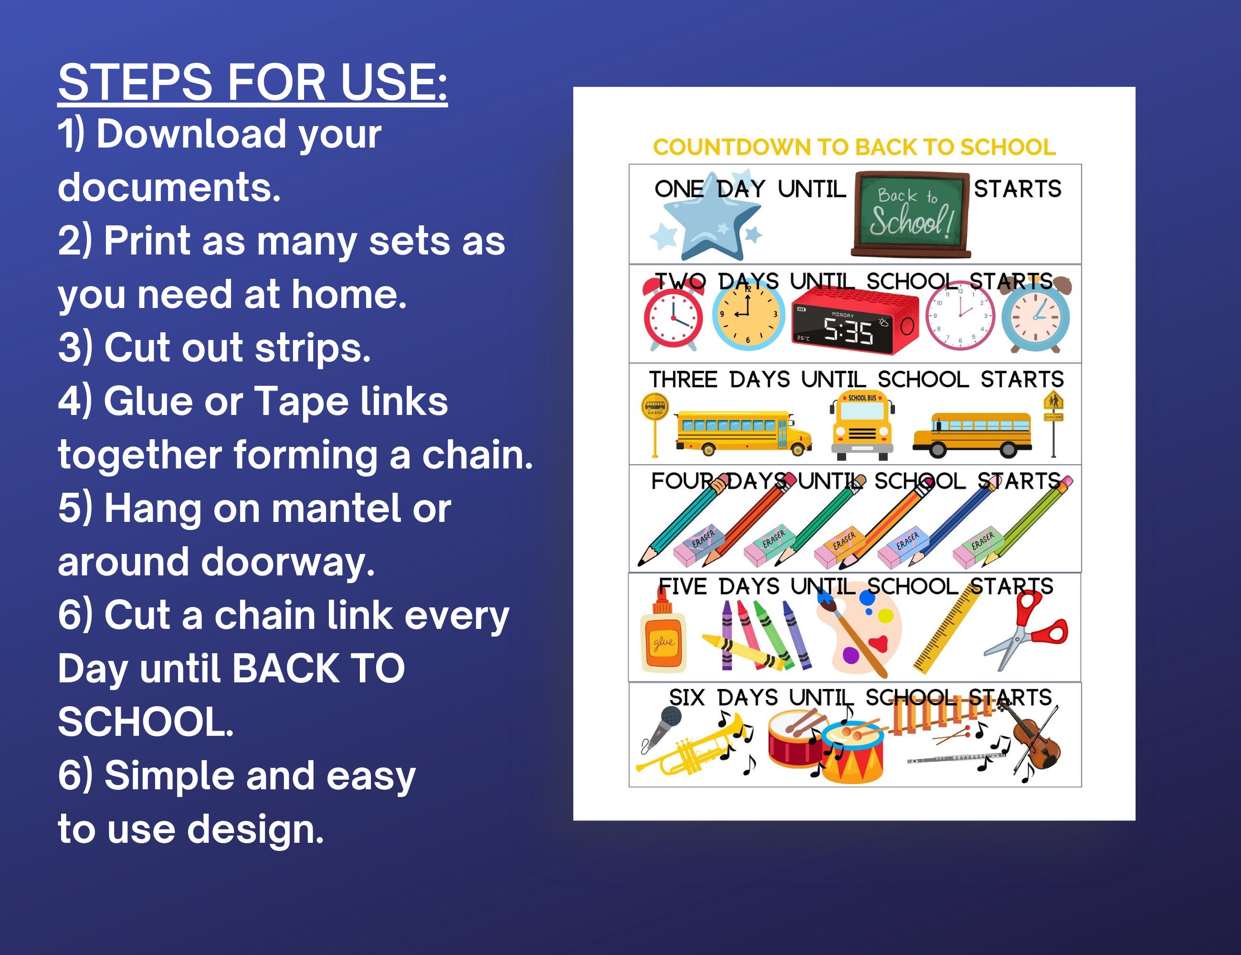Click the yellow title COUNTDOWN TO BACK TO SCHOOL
coord(854,147)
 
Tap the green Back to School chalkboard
coord(910,214)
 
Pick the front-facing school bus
coord(862,424)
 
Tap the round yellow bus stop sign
coord(654,407)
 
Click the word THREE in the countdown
coord(683,379)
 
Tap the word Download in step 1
coord(191,134)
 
